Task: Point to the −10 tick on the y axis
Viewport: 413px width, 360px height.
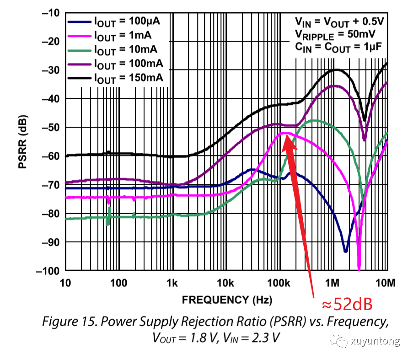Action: tap(51, 13)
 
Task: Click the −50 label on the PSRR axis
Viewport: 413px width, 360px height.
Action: tap(51, 127)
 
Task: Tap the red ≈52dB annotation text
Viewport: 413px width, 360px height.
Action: tap(346, 305)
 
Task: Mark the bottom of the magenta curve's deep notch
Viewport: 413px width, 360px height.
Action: tap(359, 269)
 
